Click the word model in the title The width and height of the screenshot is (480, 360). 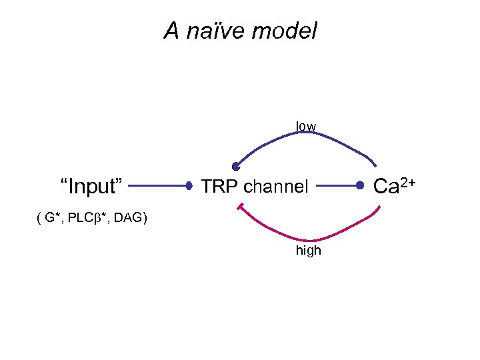tap(288, 31)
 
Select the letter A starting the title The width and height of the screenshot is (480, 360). tap(173, 31)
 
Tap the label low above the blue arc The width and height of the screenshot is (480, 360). tap(307, 126)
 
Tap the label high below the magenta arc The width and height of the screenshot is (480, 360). tap(308, 251)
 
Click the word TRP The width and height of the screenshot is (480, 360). tap(217, 187)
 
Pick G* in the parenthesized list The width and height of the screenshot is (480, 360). tap(51, 217)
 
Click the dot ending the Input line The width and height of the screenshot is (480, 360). tap(189, 186)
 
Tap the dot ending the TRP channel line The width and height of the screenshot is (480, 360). tap(360, 186)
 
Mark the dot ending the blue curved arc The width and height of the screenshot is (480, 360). tap(236, 167)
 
